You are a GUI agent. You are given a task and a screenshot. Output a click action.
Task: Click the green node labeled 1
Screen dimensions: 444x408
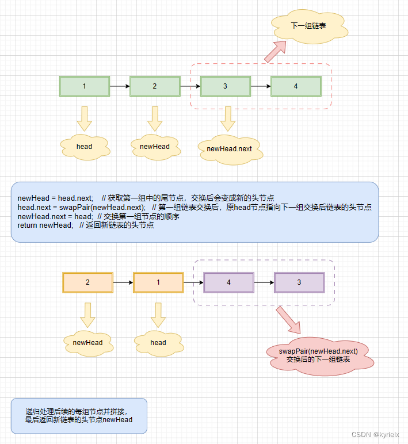(x=85, y=86)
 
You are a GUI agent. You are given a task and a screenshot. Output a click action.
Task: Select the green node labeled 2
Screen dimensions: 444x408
(x=155, y=86)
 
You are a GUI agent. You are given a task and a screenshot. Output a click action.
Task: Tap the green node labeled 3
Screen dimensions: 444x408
(x=225, y=86)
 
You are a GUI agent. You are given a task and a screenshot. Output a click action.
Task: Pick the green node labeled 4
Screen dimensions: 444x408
(x=296, y=86)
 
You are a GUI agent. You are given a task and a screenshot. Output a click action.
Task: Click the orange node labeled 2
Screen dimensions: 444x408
(x=87, y=283)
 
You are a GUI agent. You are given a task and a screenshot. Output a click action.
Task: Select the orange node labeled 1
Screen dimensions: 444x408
(x=158, y=283)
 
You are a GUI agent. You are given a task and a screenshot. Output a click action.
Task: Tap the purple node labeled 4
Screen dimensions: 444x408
(x=228, y=283)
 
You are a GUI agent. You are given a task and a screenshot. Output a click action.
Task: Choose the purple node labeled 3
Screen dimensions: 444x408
(x=299, y=283)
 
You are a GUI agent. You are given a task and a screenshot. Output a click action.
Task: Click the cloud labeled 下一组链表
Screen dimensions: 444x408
(x=305, y=26)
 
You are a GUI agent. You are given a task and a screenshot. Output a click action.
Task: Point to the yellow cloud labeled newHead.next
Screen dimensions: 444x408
(x=229, y=149)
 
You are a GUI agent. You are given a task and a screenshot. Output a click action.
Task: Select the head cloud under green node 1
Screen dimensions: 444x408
(x=85, y=147)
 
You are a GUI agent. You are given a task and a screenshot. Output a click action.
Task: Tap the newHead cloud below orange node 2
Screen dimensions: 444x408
(x=87, y=343)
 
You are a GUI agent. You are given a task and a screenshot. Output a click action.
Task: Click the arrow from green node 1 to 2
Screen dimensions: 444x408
(x=120, y=86)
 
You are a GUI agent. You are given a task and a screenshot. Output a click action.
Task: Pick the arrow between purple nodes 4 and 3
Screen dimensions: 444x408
(x=264, y=283)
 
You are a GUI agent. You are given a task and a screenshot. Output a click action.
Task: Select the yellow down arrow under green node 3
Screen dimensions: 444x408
(x=228, y=118)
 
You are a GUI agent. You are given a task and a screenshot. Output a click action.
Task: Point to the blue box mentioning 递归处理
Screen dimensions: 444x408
(x=79, y=416)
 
